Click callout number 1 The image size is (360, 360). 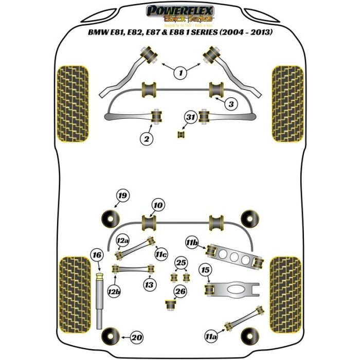click(181, 74)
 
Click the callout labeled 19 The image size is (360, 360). click(122, 195)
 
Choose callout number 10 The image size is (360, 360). click(158, 206)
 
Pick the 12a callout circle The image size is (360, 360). click(122, 241)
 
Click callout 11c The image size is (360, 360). click(163, 254)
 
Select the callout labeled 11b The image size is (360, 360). click(191, 241)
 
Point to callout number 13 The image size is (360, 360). click(149, 284)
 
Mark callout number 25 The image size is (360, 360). click(180, 264)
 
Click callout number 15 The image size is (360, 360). click(206, 270)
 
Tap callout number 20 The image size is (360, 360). click(136, 337)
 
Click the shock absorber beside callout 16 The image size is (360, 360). click(100, 298)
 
